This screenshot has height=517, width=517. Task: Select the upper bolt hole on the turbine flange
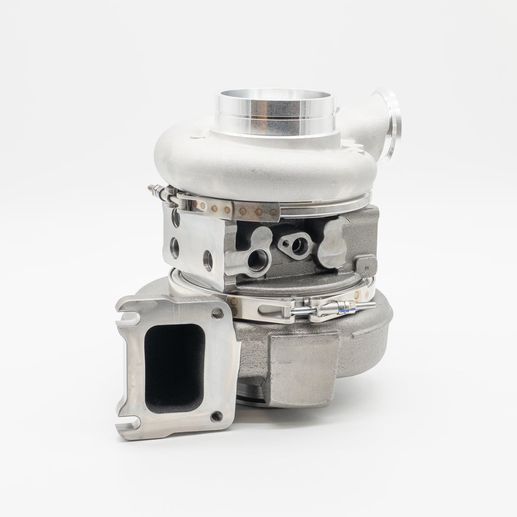[x=218, y=314]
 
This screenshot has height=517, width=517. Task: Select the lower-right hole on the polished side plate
[x=208, y=261]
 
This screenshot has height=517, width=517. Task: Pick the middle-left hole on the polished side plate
[x=175, y=248]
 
